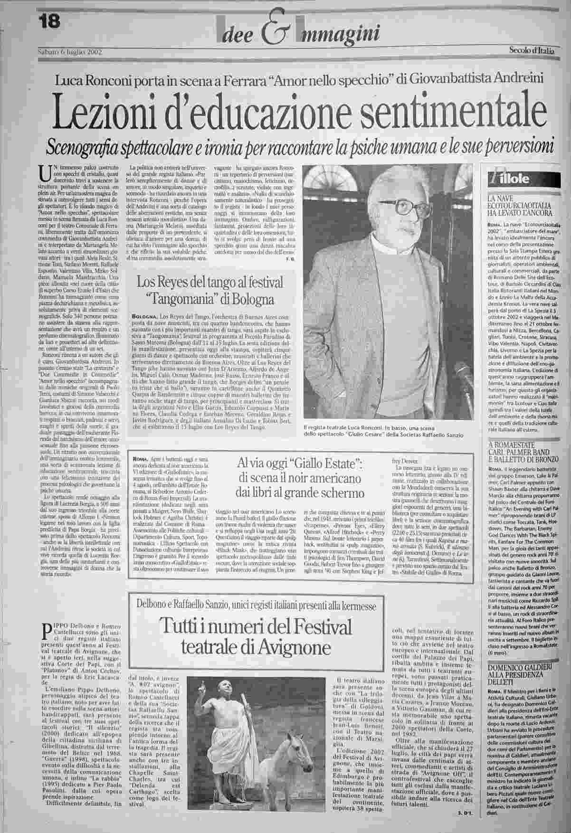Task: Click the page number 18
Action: pos(49,21)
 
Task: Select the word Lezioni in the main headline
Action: pos(108,111)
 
